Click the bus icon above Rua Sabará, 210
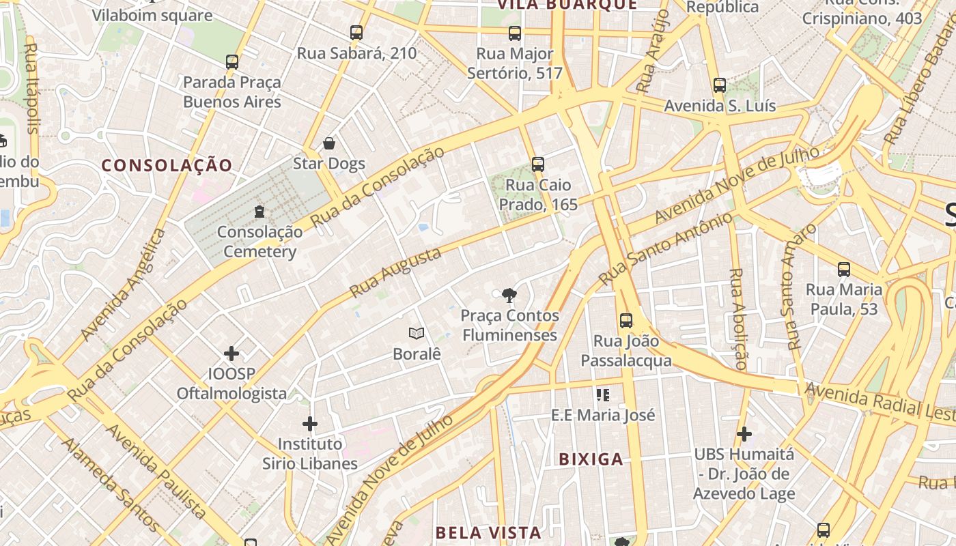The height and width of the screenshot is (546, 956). pos(356,32)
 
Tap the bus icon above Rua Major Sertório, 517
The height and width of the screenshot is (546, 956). pos(515,33)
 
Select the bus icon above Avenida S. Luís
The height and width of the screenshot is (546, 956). pos(719,85)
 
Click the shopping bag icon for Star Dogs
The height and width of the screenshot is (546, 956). pos(329,143)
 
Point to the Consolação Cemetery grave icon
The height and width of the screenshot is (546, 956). pos(259,212)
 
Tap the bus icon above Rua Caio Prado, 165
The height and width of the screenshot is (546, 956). pos(538,164)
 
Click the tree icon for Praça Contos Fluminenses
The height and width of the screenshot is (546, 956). pos(509,296)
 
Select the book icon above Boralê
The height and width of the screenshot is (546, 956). pos(417,333)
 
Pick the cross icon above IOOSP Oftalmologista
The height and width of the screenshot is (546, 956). pos(231,354)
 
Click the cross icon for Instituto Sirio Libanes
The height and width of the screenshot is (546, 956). pos(310,424)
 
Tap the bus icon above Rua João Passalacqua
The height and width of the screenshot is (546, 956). pos(626,320)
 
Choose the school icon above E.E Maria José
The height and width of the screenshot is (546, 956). pos(602,394)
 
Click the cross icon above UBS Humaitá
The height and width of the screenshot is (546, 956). pos(744,433)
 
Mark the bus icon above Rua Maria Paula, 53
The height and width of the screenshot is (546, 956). pos(844,269)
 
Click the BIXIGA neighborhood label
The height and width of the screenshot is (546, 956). pos(591,459)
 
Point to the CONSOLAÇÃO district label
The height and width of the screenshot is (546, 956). pos(167,165)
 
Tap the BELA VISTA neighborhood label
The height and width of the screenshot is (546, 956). pos(488,532)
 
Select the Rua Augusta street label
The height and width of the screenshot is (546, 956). pos(395,272)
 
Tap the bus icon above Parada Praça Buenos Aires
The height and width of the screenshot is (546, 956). pos(232,62)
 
